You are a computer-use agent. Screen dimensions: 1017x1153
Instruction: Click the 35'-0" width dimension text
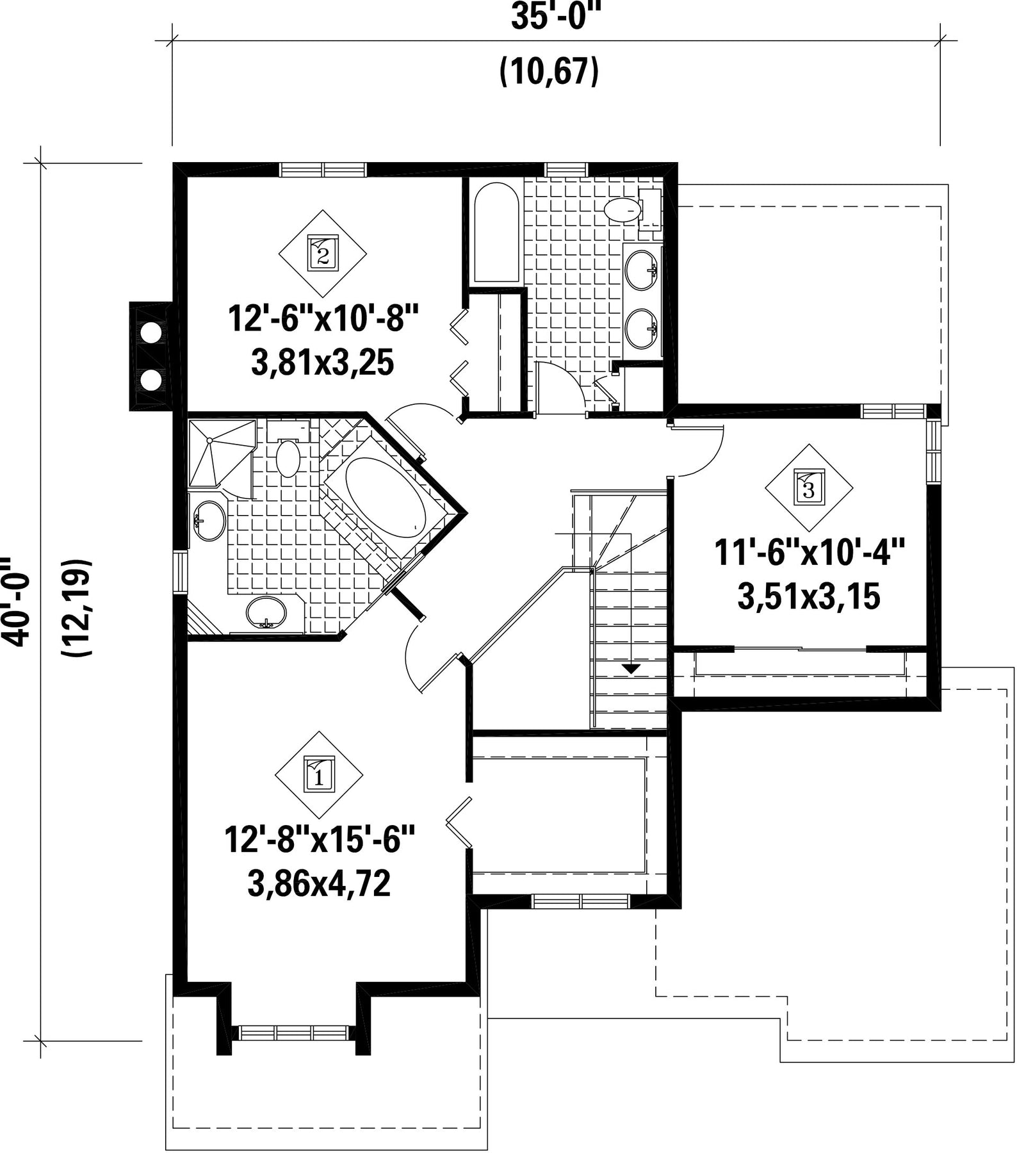click(x=549, y=18)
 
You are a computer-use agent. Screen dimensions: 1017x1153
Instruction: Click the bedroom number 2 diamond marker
click(x=323, y=254)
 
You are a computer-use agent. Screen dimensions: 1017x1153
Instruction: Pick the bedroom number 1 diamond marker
click(x=319, y=775)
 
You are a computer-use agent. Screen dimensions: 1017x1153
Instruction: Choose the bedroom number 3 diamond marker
click(x=809, y=488)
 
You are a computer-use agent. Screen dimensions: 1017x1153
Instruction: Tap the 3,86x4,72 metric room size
click(x=319, y=885)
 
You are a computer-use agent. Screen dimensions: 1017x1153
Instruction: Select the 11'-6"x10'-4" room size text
click(x=809, y=552)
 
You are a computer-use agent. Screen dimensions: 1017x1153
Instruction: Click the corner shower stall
click(x=220, y=452)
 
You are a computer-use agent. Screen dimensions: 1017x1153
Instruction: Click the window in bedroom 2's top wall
click(x=323, y=169)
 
